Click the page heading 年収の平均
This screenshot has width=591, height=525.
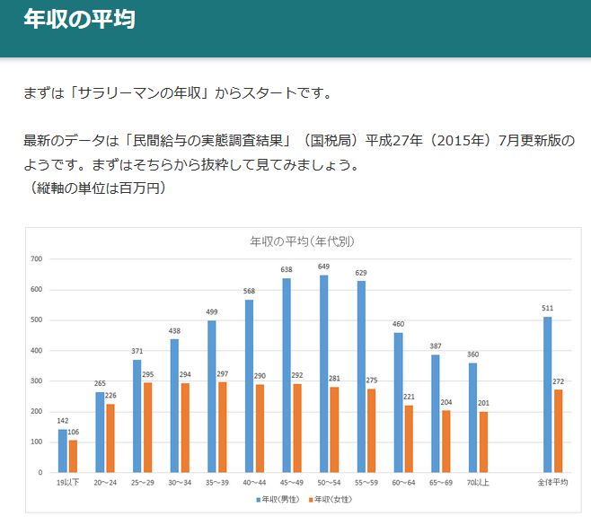click(x=80, y=20)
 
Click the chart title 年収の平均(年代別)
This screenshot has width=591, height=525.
click(x=301, y=241)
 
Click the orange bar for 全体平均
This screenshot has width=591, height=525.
click(x=559, y=431)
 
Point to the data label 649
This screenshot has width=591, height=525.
click(x=323, y=267)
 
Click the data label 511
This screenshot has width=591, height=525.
click(x=547, y=309)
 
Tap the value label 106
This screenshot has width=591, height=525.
click(x=74, y=433)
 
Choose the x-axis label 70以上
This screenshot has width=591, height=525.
click(x=478, y=483)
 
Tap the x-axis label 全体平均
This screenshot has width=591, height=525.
click(x=553, y=483)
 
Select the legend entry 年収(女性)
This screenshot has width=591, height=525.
click(x=329, y=499)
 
